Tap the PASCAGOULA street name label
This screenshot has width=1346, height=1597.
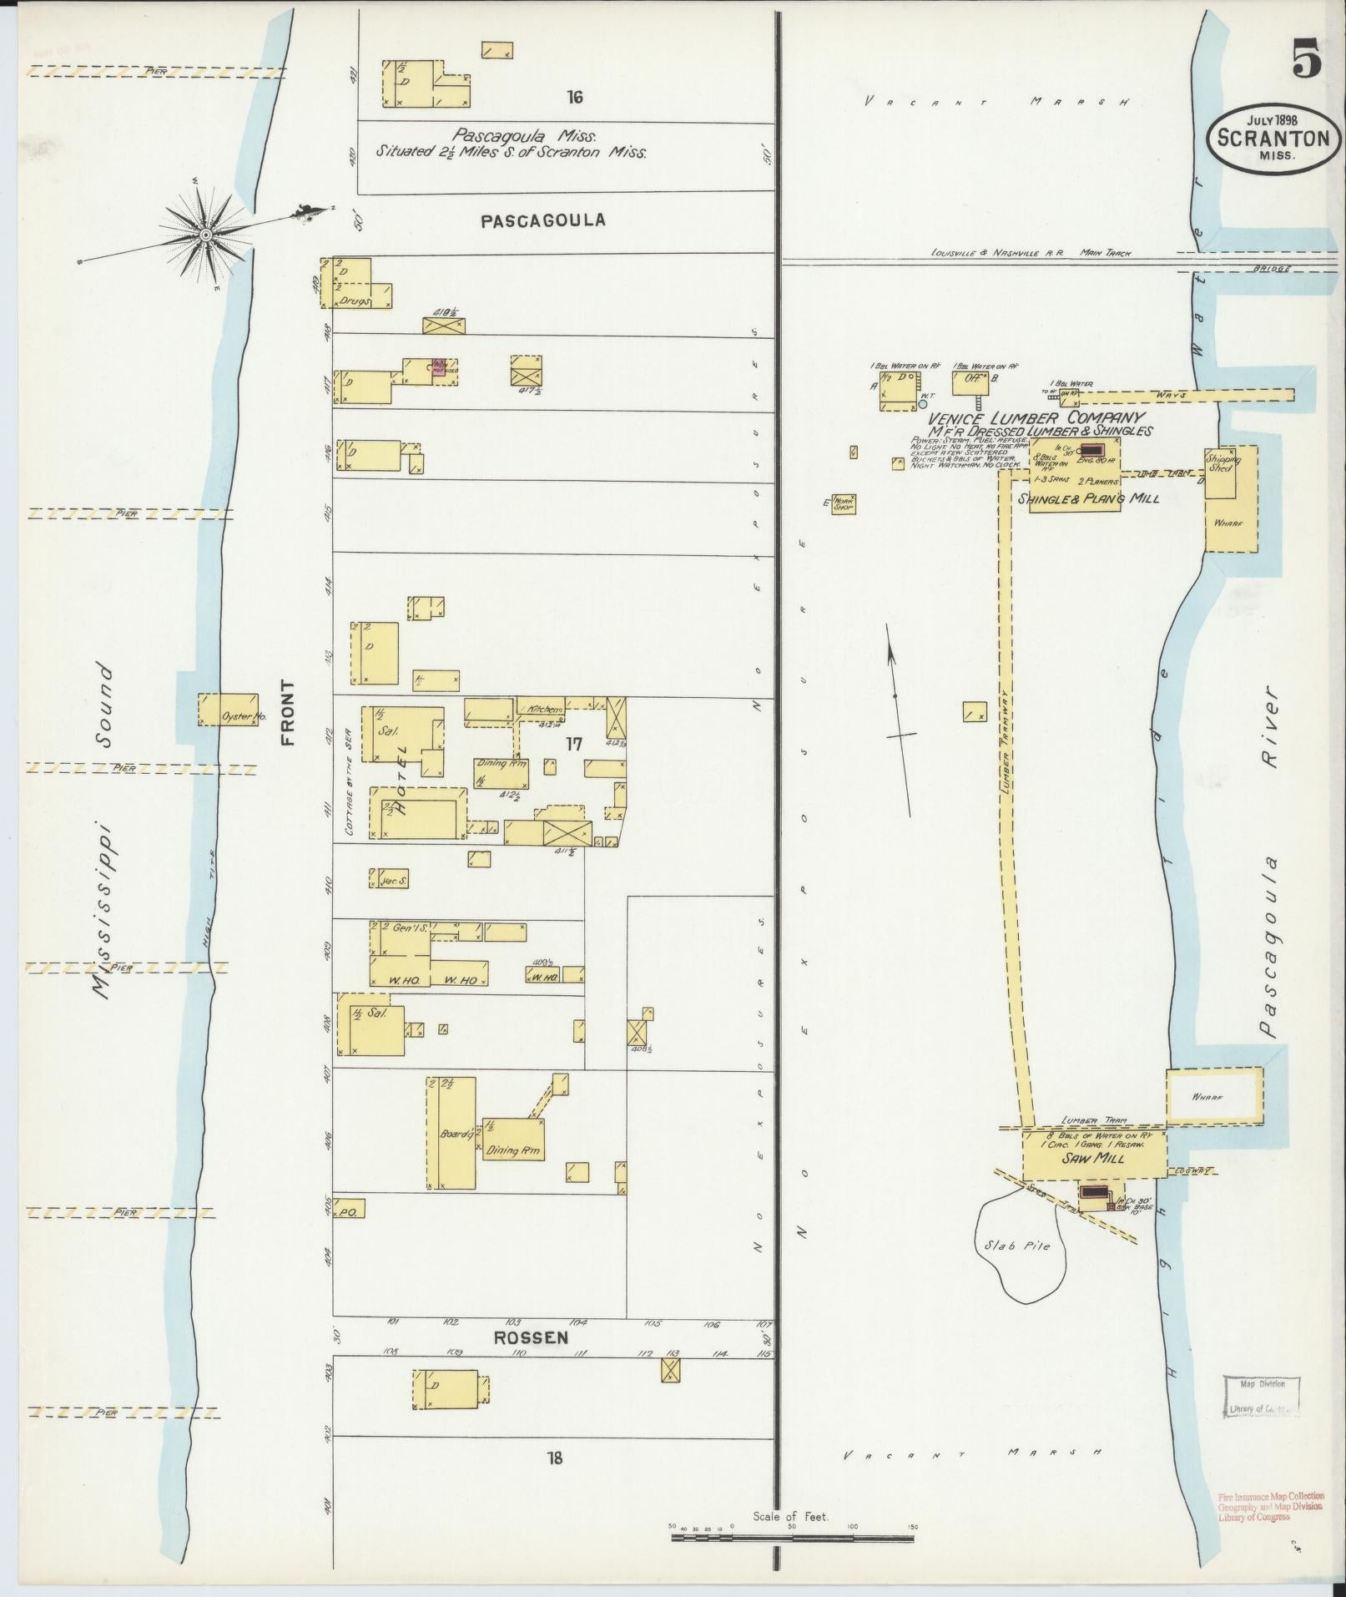coord(543,220)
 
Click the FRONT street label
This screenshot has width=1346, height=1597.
coord(287,712)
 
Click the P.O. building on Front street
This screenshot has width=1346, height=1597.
coord(348,1212)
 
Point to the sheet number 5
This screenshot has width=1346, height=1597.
coord(1306,60)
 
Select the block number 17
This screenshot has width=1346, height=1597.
coord(573,743)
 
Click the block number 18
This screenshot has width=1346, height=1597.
coord(554,1458)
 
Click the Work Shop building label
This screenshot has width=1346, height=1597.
coord(844,503)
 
